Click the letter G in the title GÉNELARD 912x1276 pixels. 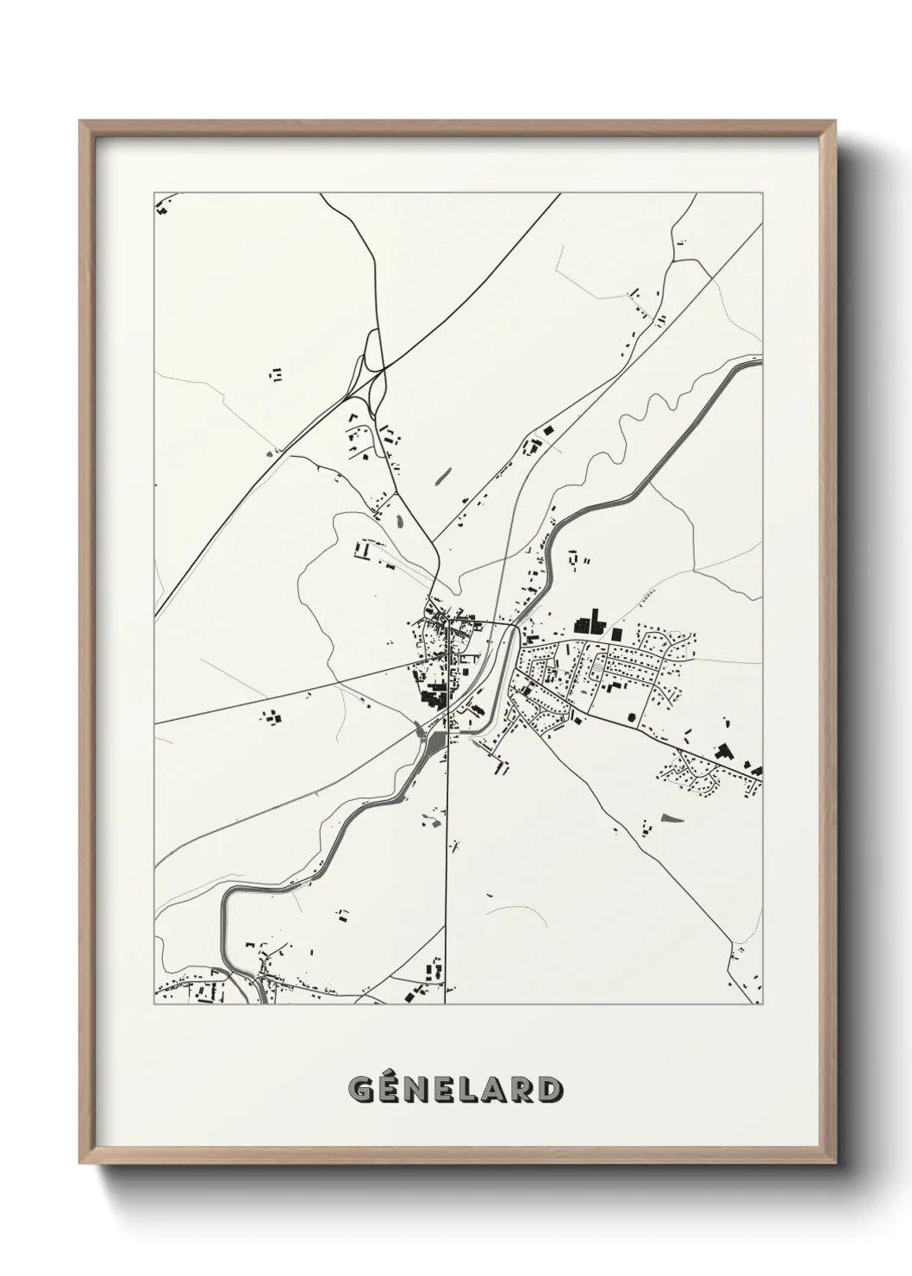pos(360,1090)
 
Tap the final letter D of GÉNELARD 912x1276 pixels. pos(550,1090)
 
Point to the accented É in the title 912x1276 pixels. pos(389,1088)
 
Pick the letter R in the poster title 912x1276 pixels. pos(522,1090)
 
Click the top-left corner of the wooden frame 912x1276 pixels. pos(81,122)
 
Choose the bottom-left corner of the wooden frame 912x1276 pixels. pos(81,1163)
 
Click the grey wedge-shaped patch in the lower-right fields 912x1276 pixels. pos(670,816)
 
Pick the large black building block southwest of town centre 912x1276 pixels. pos(431,694)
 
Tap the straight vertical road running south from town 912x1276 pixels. pos(447,862)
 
